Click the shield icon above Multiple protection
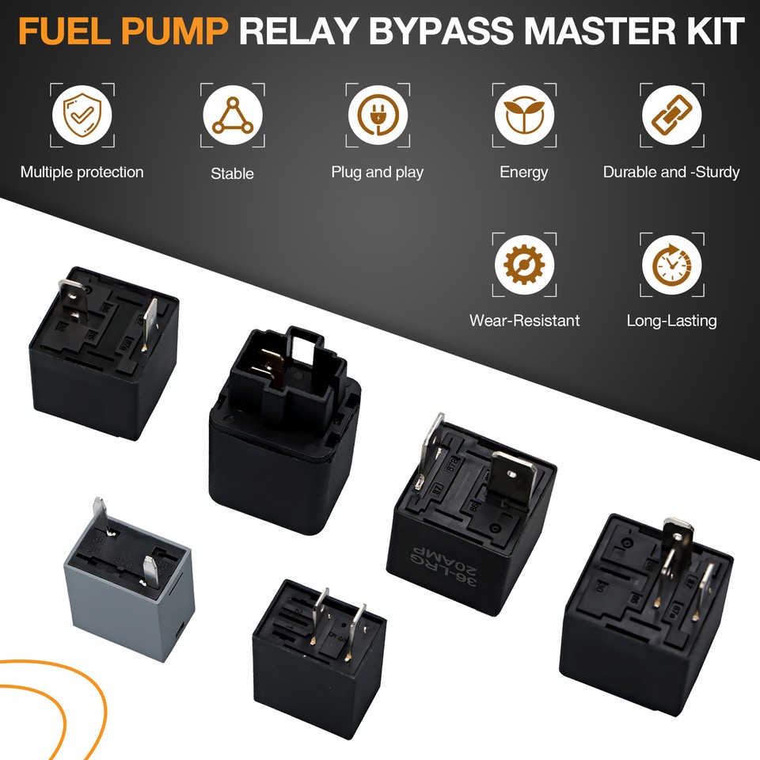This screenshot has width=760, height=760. coord(82,115)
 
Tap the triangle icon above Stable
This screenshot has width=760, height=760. coord(232,116)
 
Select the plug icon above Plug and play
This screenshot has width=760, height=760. coord(378,116)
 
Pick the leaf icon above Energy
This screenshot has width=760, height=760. coord(524,115)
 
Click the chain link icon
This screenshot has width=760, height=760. coord(671,115)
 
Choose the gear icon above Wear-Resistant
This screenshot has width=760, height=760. coord(524,264)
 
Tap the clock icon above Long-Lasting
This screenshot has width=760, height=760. coord(671,264)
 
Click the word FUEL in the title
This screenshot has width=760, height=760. coord(66,32)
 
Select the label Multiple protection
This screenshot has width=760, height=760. coord(82,172)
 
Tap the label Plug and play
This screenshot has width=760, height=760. coord(378,172)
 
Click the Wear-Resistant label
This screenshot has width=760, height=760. coord(524,321)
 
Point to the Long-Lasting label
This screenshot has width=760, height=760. coord(671,321)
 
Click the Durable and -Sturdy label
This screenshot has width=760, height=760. coord(671,172)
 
